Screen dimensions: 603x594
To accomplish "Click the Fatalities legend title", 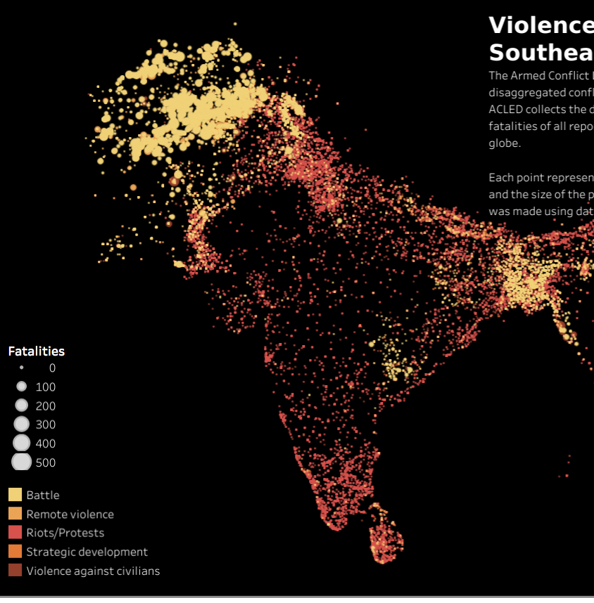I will pyautogui.click(x=36, y=351).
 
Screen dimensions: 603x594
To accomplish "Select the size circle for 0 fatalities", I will pyautogui.click(x=22, y=368).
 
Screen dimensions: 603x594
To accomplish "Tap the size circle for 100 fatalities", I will pyautogui.click(x=22, y=387).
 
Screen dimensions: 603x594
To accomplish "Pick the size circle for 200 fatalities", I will pyautogui.click(x=22, y=406).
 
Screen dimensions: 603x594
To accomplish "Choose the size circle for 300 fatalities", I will pyautogui.click(x=22, y=424).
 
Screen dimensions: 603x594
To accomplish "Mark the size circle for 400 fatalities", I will pyautogui.click(x=22, y=443).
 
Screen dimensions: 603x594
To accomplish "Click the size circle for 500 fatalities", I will pyautogui.click(x=22, y=462).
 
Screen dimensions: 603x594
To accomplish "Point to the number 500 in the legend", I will pyautogui.click(x=46, y=462).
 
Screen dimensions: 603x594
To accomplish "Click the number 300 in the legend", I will pyautogui.click(x=46, y=424).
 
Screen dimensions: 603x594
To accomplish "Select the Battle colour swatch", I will pyautogui.click(x=15, y=495).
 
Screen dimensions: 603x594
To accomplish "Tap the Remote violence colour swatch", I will pyautogui.click(x=15, y=514).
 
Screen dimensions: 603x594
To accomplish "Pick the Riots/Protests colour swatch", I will pyautogui.click(x=15, y=533).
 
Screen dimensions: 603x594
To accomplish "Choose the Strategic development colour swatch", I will pyautogui.click(x=15, y=552).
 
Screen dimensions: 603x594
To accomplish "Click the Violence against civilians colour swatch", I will pyautogui.click(x=15, y=571).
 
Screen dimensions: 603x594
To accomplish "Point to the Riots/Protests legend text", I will pyautogui.click(x=65, y=533).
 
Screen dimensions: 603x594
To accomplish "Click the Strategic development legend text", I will pyautogui.click(x=87, y=552).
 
